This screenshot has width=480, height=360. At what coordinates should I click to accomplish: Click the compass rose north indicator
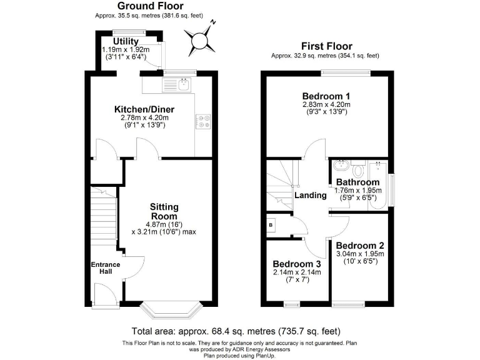201,41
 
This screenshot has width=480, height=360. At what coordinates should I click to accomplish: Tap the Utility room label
126,41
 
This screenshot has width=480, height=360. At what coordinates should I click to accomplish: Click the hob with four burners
203,121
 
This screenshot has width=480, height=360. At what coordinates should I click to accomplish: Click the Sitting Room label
164,211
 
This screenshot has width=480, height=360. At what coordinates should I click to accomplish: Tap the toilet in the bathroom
359,169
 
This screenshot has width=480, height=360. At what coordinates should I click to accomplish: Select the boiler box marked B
271,224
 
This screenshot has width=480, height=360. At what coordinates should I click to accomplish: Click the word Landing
310,196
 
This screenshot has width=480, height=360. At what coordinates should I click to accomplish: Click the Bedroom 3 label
297,264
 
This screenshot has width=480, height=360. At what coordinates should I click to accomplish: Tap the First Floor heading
326,46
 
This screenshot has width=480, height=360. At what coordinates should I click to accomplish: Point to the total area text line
236,331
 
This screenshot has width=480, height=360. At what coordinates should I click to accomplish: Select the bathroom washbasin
341,167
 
